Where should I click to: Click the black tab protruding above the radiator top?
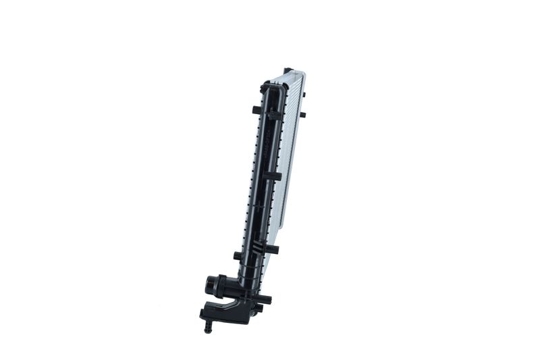pos(288,70)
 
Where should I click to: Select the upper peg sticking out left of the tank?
pos(256,109)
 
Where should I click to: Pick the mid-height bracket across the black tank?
pos(271,176)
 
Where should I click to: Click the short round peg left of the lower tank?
pos(237,256)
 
